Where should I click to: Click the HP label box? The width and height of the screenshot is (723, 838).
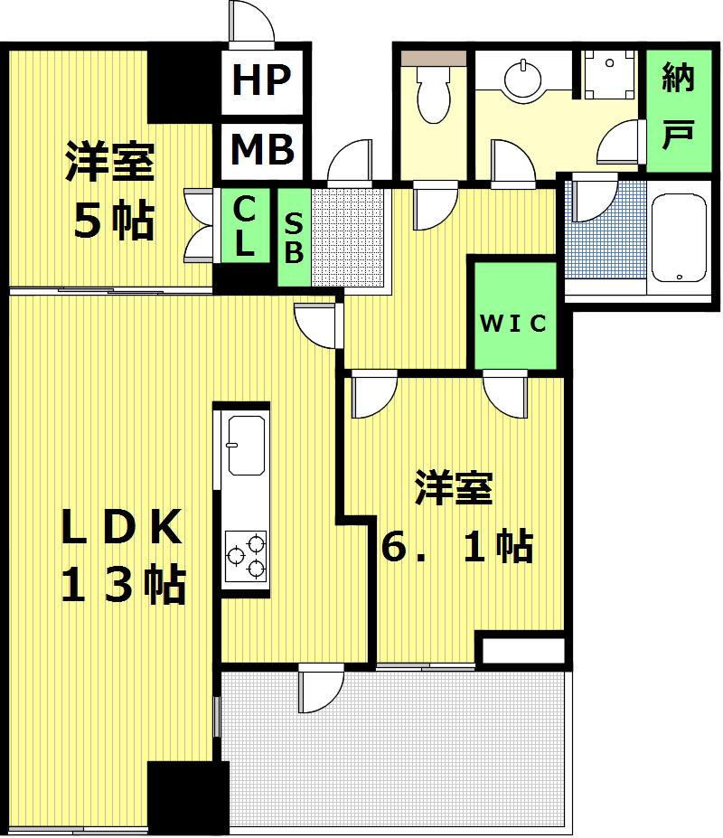click(262, 81)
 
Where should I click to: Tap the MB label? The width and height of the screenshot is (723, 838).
click(262, 149)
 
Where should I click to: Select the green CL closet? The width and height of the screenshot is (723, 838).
click(245, 225)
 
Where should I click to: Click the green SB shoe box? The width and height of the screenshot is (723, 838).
click(294, 237)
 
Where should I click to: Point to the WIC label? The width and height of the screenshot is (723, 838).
click(513, 324)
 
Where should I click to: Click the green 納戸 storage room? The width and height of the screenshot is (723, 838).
click(679, 110)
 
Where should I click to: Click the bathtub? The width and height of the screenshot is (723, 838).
click(679, 239)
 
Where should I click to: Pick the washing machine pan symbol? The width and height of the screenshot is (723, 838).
click(610, 75)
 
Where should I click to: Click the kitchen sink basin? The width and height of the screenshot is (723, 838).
click(247, 445)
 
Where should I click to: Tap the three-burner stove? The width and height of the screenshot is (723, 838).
click(246, 556)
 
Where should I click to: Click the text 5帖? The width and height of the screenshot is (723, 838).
click(114, 221)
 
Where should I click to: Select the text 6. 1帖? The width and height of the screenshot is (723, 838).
click(457, 546)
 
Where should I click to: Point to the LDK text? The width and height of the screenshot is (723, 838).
click(121, 527)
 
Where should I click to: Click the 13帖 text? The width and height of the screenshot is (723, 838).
click(124, 585)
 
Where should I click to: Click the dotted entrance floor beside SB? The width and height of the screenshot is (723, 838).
click(347, 237)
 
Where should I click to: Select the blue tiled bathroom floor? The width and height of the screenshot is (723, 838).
click(606, 230)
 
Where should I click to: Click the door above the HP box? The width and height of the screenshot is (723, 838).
click(251, 22)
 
